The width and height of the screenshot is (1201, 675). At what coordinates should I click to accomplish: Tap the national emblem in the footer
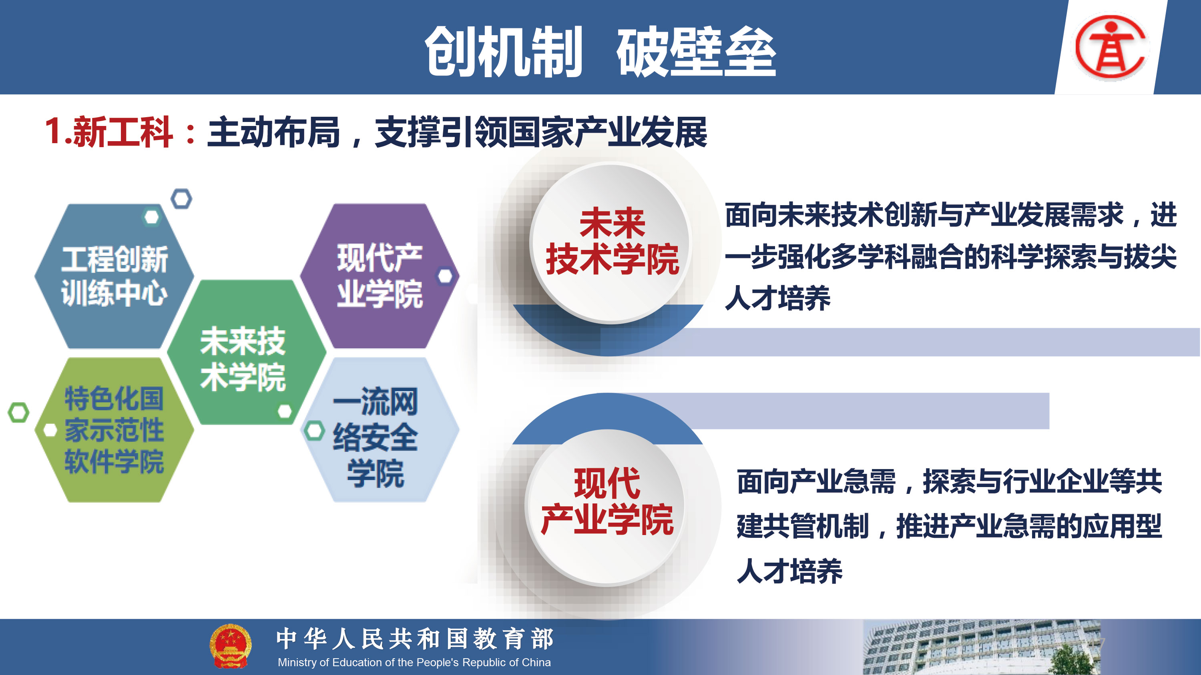pos(230,646)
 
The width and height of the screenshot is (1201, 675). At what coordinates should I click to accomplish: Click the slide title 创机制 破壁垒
pos(600,51)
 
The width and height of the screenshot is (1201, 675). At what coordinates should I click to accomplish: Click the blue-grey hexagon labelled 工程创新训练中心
pos(114,276)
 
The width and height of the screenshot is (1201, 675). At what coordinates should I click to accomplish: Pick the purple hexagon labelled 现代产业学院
pos(380,276)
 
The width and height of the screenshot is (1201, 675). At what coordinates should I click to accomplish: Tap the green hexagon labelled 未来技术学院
pos(247,352)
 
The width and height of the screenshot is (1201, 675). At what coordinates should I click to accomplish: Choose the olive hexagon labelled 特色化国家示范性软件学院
pos(114,429)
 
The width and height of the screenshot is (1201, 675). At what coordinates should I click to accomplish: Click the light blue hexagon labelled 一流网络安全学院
pos(380,429)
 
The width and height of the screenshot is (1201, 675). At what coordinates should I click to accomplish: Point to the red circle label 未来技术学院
pos(612,241)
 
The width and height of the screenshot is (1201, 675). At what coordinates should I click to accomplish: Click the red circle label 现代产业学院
pos(607,501)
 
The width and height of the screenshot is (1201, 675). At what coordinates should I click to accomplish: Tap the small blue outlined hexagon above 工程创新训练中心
pos(181,199)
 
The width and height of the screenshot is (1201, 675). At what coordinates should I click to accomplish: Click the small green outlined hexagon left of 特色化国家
pos(19,413)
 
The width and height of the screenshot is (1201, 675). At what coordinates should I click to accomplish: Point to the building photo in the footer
pos(981,647)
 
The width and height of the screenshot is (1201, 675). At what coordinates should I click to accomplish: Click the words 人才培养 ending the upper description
pos(778,298)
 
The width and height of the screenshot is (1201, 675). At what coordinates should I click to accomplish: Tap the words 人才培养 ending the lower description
pos(790,571)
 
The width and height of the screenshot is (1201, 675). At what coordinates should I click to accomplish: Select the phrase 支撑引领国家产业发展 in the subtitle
pos(541,132)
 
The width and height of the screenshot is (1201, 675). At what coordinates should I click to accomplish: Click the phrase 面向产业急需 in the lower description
pos(816,482)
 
